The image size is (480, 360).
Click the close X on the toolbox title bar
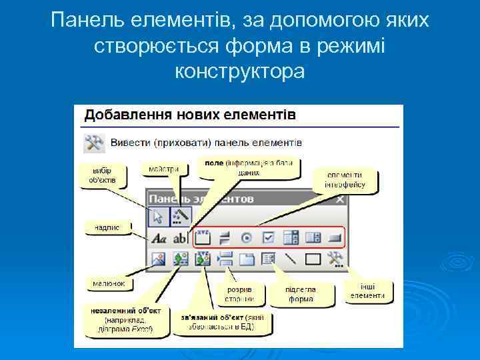coord(339,199)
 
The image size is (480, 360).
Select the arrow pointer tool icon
coord(159,216)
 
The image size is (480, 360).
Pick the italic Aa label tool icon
coord(159,237)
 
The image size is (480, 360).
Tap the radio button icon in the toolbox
coord(246,237)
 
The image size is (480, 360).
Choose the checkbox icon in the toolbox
coord(268,237)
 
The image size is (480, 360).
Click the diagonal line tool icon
coord(290,259)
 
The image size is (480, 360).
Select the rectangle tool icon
coord(313,259)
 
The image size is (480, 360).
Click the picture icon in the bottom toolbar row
coord(159,259)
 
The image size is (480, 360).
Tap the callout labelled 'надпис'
coord(106,227)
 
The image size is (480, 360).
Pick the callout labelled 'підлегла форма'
coord(301,294)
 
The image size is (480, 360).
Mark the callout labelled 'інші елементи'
coord(367,291)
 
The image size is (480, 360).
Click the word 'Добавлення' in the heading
coord(126,114)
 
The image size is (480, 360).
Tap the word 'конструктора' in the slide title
coord(240,71)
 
